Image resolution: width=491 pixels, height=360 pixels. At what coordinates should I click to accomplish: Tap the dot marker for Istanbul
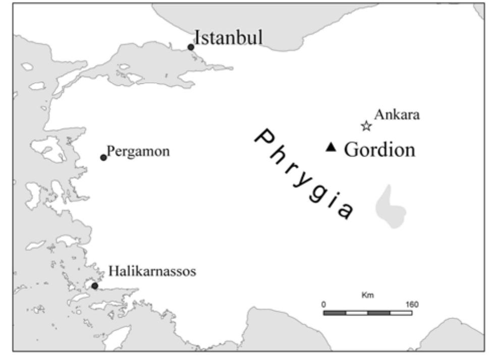tap(191, 47)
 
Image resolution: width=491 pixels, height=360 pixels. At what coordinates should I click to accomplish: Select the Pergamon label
tap(139, 151)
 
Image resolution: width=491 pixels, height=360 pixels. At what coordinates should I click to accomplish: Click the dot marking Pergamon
tap(103, 158)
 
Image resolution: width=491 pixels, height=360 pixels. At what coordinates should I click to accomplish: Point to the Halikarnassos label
tap(152, 272)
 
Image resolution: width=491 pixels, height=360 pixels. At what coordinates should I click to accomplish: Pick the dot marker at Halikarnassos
tap(94, 286)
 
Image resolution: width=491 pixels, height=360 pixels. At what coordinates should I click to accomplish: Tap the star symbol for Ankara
tap(367, 126)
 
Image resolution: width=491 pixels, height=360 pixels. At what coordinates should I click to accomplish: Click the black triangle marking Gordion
tap(331, 147)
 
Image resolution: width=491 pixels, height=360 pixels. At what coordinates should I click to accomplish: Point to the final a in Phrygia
tap(345, 212)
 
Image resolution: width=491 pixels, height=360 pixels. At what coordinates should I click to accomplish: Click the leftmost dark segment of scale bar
tap(335, 313)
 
